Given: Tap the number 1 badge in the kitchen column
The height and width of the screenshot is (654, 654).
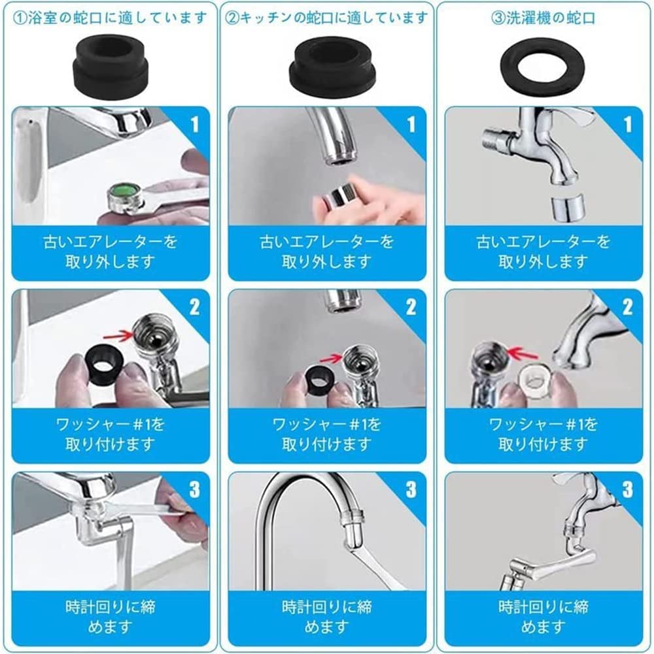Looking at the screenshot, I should tap(410, 124).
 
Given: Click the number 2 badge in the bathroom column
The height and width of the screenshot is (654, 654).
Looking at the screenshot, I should tap(194, 307).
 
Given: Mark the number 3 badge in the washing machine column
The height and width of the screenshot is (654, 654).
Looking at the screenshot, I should tap(627, 489).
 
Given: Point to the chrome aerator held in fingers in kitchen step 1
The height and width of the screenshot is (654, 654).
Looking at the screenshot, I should tap(341, 196).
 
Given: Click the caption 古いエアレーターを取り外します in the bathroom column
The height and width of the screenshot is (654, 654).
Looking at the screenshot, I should tap(111, 252).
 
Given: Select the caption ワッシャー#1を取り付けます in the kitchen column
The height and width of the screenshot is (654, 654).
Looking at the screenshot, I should tap(328, 434).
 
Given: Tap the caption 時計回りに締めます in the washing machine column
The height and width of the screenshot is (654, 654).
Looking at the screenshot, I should tap(543, 617).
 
